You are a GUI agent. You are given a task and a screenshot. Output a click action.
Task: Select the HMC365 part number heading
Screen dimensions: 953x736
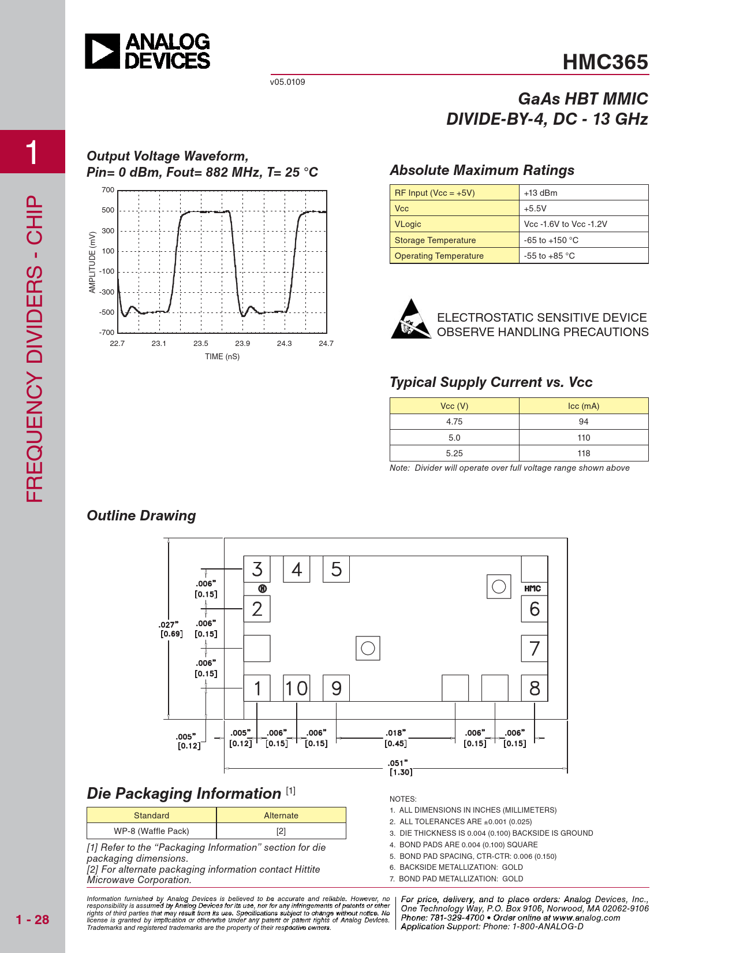pyautogui.click(x=605, y=62)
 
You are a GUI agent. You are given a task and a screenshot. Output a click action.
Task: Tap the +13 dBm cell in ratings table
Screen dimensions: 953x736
pyautogui.click(x=540, y=193)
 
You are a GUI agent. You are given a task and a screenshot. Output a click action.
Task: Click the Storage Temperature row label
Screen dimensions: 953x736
pyautogui.click(x=435, y=240)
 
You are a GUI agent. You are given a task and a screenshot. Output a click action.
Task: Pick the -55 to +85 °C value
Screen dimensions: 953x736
pyautogui.click(x=549, y=256)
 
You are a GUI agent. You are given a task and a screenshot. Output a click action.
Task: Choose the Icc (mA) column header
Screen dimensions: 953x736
pyautogui.click(x=584, y=406)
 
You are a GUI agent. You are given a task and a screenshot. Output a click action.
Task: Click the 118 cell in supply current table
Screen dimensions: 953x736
pyautogui.click(x=584, y=453)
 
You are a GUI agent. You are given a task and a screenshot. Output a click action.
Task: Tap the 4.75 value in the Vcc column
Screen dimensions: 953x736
pyautogui.click(x=454, y=422)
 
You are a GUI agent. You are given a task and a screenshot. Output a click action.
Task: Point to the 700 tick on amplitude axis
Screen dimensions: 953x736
pyautogui.click(x=108, y=190)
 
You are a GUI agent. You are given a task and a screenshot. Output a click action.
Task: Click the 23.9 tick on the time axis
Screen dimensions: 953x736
pyautogui.click(x=242, y=344)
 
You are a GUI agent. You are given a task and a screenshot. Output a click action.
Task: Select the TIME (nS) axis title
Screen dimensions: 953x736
pyautogui.click(x=222, y=357)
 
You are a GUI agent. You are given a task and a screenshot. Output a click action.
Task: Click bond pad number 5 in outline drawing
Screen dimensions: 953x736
pyautogui.click(x=336, y=569)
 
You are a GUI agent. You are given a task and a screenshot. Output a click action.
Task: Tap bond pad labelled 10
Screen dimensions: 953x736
pyautogui.click(x=296, y=688)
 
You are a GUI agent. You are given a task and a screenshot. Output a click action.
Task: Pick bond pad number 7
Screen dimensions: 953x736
pyautogui.click(x=535, y=649)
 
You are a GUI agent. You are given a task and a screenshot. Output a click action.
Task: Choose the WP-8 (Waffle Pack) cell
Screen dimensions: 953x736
pyautogui.click(x=151, y=831)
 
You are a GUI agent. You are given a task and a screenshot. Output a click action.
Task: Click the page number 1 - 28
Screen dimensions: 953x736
pyautogui.click(x=32, y=920)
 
